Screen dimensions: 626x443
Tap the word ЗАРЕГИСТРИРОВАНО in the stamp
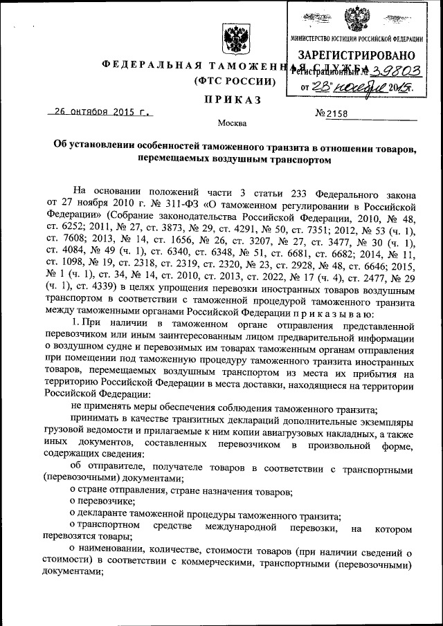(x=356, y=55)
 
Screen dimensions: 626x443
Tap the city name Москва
(x=231, y=124)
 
